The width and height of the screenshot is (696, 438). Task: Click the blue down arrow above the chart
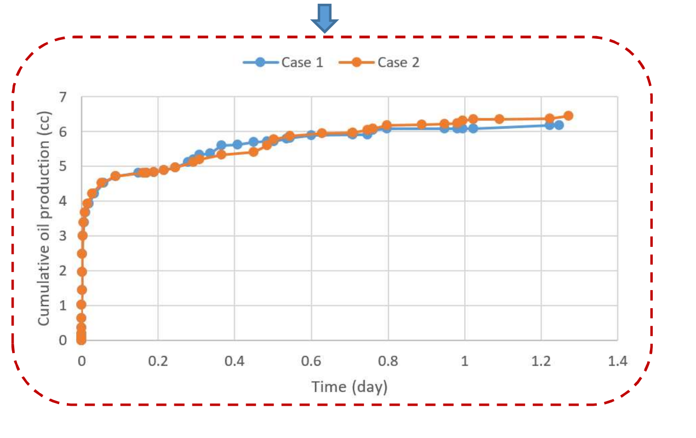[324, 18]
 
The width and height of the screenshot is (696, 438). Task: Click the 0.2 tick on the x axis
[158, 362]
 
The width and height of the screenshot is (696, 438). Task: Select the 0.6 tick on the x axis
[311, 362]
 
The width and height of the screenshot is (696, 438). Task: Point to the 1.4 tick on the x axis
[618, 362]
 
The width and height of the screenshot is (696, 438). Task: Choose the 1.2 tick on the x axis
[541, 362]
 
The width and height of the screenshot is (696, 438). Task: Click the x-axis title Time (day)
[350, 387]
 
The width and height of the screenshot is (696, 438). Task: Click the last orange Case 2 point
[568, 116]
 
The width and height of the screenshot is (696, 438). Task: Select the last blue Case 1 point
[559, 125]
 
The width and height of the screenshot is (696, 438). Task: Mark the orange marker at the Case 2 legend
[356, 62]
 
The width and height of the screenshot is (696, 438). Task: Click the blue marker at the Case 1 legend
[260, 62]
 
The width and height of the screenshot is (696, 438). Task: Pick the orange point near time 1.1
[499, 119]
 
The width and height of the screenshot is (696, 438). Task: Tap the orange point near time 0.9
[421, 124]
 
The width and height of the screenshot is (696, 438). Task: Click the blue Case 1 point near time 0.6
[311, 135]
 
